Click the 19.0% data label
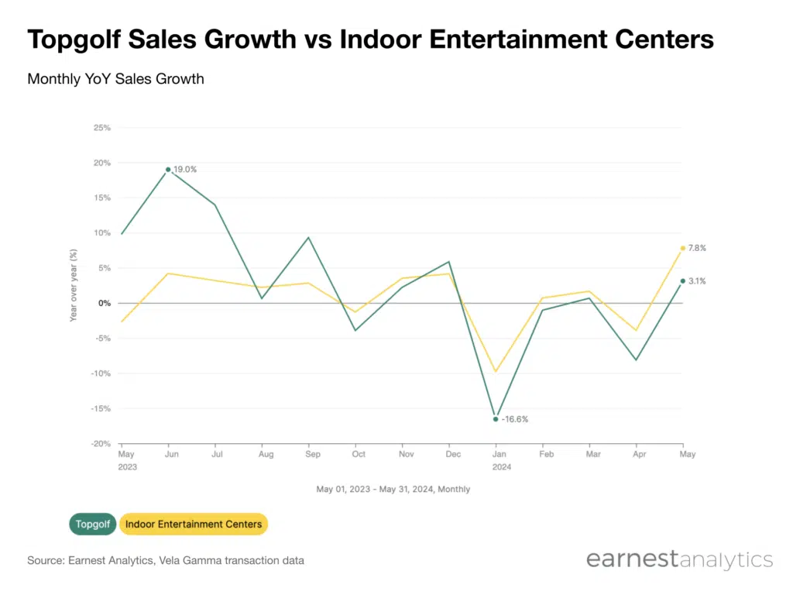[x=186, y=169]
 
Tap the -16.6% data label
[x=515, y=419]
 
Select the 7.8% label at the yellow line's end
[x=697, y=248]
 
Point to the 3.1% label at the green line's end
[x=697, y=281]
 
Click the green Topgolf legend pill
[x=94, y=524]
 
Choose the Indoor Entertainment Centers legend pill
[x=194, y=524]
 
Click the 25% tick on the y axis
[x=101, y=127]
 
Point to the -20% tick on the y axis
[x=100, y=444]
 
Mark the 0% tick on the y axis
[x=104, y=303]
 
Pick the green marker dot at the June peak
[x=168, y=170]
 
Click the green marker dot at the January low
[x=496, y=419]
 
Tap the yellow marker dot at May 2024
[x=682, y=248]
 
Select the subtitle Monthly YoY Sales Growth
[x=115, y=79]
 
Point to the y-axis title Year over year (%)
[x=74, y=285]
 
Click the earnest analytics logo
[x=679, y=559]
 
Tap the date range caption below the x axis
[x=393, y=490]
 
